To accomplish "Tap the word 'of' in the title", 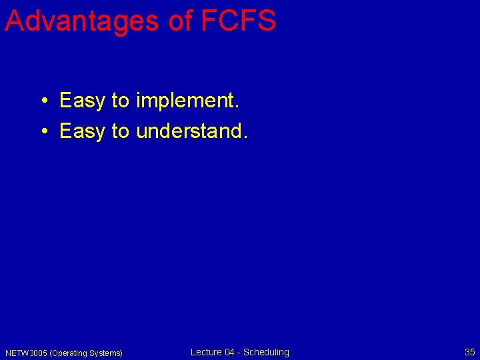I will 181,21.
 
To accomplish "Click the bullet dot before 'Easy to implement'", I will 42,101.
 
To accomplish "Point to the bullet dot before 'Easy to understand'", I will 42,132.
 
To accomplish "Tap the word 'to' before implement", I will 120,101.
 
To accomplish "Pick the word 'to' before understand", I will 120,132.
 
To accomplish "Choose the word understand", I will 189,132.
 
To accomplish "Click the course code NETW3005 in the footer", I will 26,353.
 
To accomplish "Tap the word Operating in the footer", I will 69,353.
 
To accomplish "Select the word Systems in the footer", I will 105,353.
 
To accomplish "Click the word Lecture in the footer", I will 206,352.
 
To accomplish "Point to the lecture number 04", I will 230,352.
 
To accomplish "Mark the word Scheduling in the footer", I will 267,352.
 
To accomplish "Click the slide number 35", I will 469,352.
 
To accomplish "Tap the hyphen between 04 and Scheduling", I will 239,353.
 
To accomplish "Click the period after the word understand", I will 245,137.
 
